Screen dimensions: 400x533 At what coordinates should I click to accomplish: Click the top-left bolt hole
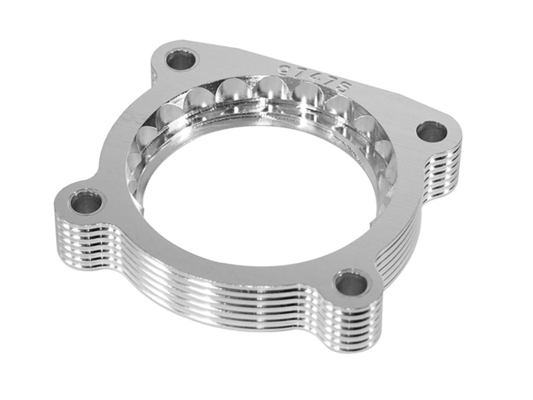181,62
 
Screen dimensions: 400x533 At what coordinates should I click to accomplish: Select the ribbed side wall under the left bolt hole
79,242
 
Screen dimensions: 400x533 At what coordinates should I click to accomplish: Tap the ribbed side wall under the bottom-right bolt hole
354,329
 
